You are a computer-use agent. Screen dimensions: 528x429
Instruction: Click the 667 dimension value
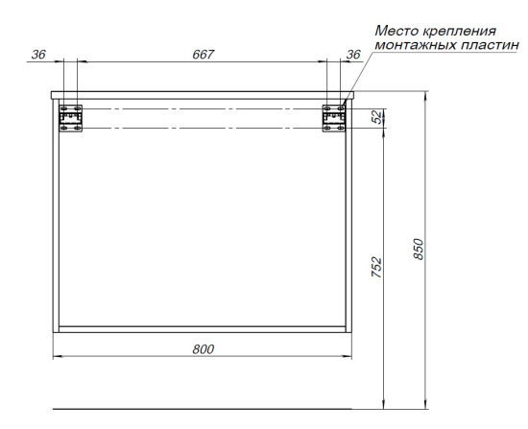tap(204, 54)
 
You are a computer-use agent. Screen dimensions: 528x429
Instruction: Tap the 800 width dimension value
tap(204, 349)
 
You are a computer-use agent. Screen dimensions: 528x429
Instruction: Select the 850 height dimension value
tap(418, 249)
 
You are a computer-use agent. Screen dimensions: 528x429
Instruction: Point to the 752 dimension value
tap(376, 268)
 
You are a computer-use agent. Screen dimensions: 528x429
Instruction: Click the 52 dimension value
tap(377, 117)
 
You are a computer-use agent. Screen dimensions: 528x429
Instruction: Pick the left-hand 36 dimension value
tap(38, 54)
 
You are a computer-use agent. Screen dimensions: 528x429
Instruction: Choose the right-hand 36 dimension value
tap(353, 54)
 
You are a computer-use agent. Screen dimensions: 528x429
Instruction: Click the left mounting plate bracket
tap(71, 118)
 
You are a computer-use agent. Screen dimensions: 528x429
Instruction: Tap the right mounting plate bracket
tap(334, 118)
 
